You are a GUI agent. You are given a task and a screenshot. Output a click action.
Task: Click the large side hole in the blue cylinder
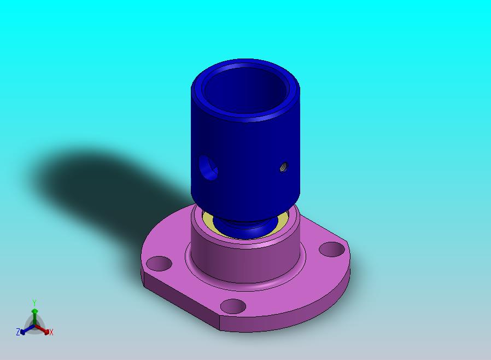click(x=208, y=167)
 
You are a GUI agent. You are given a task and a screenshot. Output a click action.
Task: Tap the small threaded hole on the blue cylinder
click(x=284, y=167)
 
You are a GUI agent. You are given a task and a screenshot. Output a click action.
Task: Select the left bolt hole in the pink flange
click(x=159, y=264)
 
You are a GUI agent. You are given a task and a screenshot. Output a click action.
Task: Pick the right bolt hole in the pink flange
click(x=332, y=249)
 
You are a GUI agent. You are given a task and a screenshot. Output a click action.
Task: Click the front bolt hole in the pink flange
click(x=233, y=306)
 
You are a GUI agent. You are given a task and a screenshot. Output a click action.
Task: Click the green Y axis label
click(x=34, y=303)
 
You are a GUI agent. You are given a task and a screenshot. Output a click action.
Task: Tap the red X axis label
click(x=51, y=332)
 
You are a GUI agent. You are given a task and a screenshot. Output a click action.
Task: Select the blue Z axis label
click(x=18, y=332)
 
